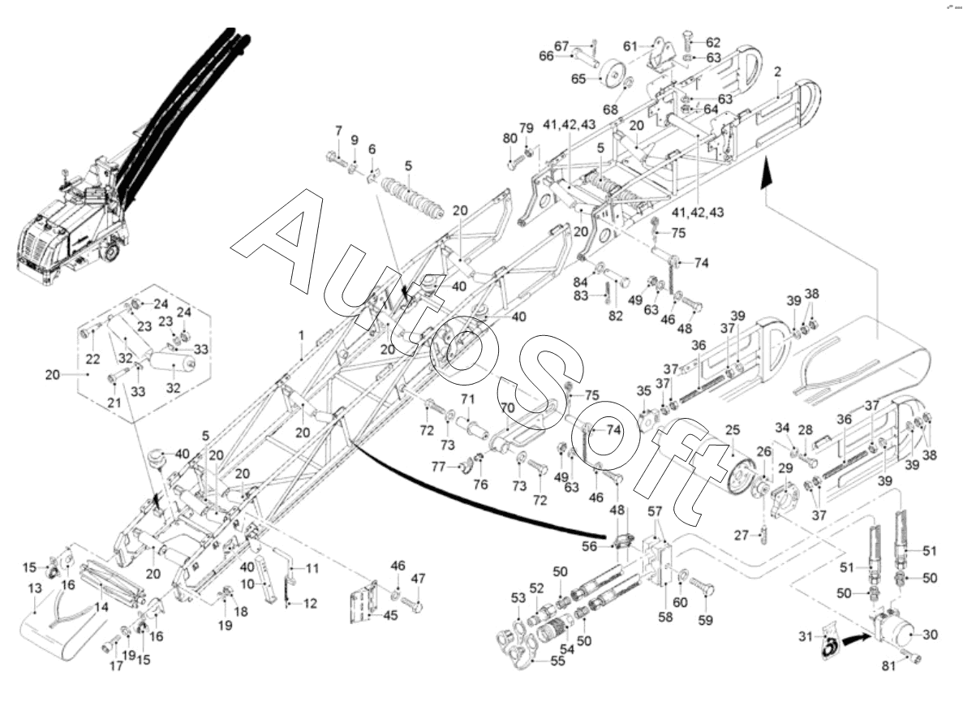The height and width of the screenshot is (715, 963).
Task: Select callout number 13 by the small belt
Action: [x=34, y=588]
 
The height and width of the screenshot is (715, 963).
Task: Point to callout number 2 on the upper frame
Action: [x=777, y=71]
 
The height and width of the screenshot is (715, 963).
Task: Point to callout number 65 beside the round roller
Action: [x=578, y=79]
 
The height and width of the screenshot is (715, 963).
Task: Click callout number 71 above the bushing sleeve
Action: [x=467, y=399]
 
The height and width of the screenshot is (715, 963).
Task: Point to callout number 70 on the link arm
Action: [x=508, y=408]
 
